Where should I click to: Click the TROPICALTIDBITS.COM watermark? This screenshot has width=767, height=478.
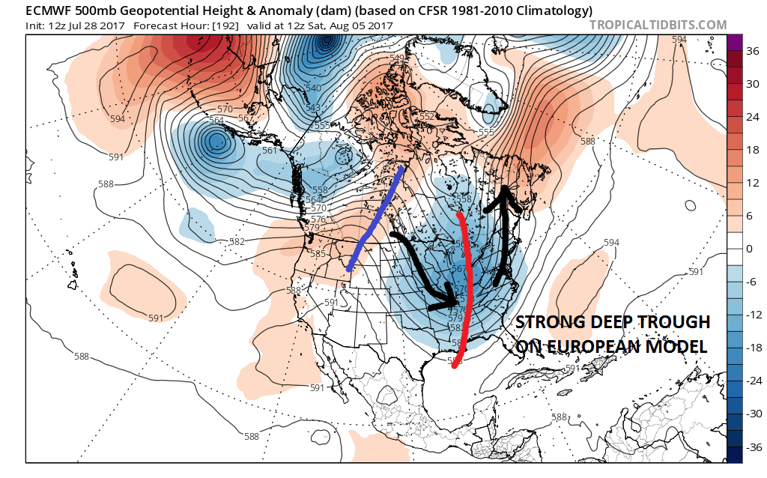click(658, 25)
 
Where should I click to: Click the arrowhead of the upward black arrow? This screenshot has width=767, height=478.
click(506, 194)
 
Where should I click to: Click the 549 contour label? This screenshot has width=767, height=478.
click(398, 58)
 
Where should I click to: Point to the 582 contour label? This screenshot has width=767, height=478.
click(237, 241)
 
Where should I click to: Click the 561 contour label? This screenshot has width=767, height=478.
click(270, 150)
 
